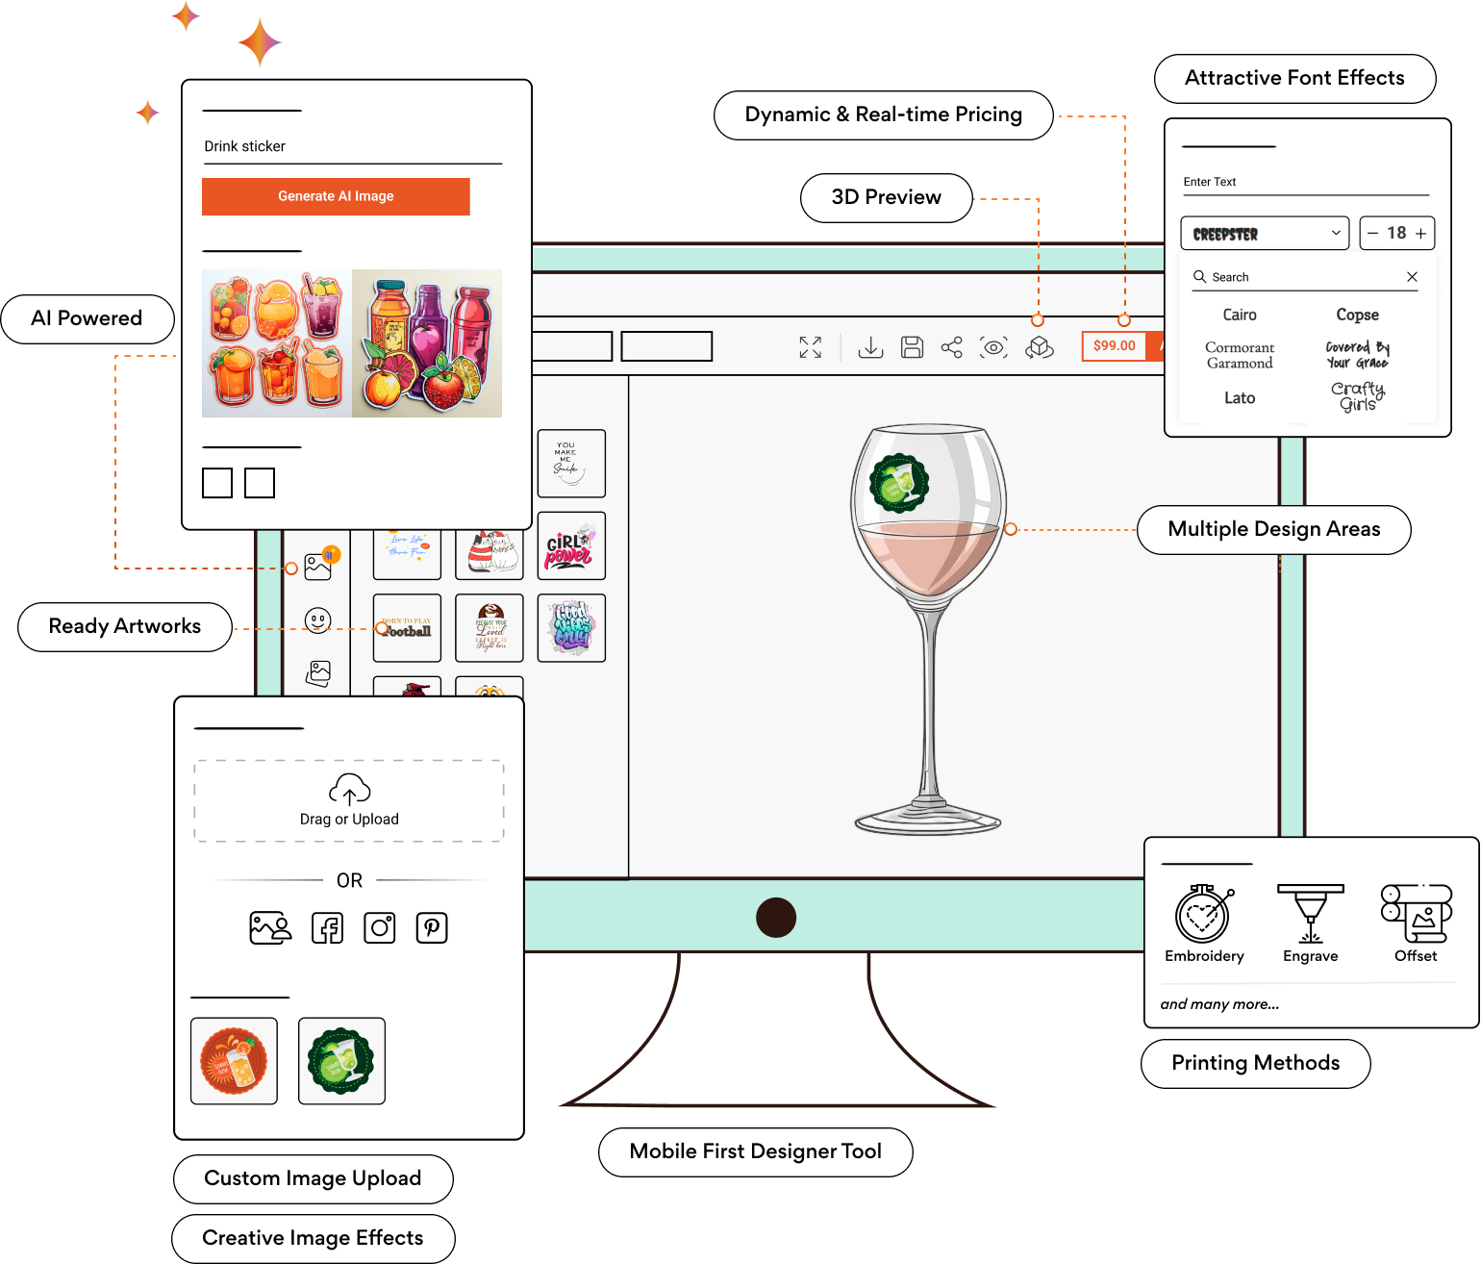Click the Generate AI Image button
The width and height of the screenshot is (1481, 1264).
coord(336,196)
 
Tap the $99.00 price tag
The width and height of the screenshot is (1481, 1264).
coord(1114,346)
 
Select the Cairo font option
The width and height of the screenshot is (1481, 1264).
coord(1240,315)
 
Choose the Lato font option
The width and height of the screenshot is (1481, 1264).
coord(1240,398)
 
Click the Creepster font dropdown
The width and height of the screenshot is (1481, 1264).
coord(1265,234)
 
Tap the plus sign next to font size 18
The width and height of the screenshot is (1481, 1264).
coord(1420,234)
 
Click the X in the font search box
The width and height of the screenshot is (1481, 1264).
coord(1412,277)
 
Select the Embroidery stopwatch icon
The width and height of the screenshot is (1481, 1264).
coord(1203,914)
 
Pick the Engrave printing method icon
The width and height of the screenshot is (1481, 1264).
coord(1310,914)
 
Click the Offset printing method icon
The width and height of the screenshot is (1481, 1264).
coord(1416,914)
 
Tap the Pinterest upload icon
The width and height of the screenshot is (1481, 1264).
coord(432,928)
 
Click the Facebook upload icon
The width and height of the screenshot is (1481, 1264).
coord(328,928)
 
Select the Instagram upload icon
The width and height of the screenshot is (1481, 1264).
coord(380,928)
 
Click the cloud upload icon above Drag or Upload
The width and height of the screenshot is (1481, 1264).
coord(349,790)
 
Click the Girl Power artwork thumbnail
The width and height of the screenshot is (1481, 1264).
coord(571,546)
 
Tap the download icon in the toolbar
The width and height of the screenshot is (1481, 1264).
coord(870,347)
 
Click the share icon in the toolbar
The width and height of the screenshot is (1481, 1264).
coord(951,347)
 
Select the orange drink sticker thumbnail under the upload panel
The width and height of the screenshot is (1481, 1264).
coord(234,1061)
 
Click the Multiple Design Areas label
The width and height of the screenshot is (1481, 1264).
coord(1273,530)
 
